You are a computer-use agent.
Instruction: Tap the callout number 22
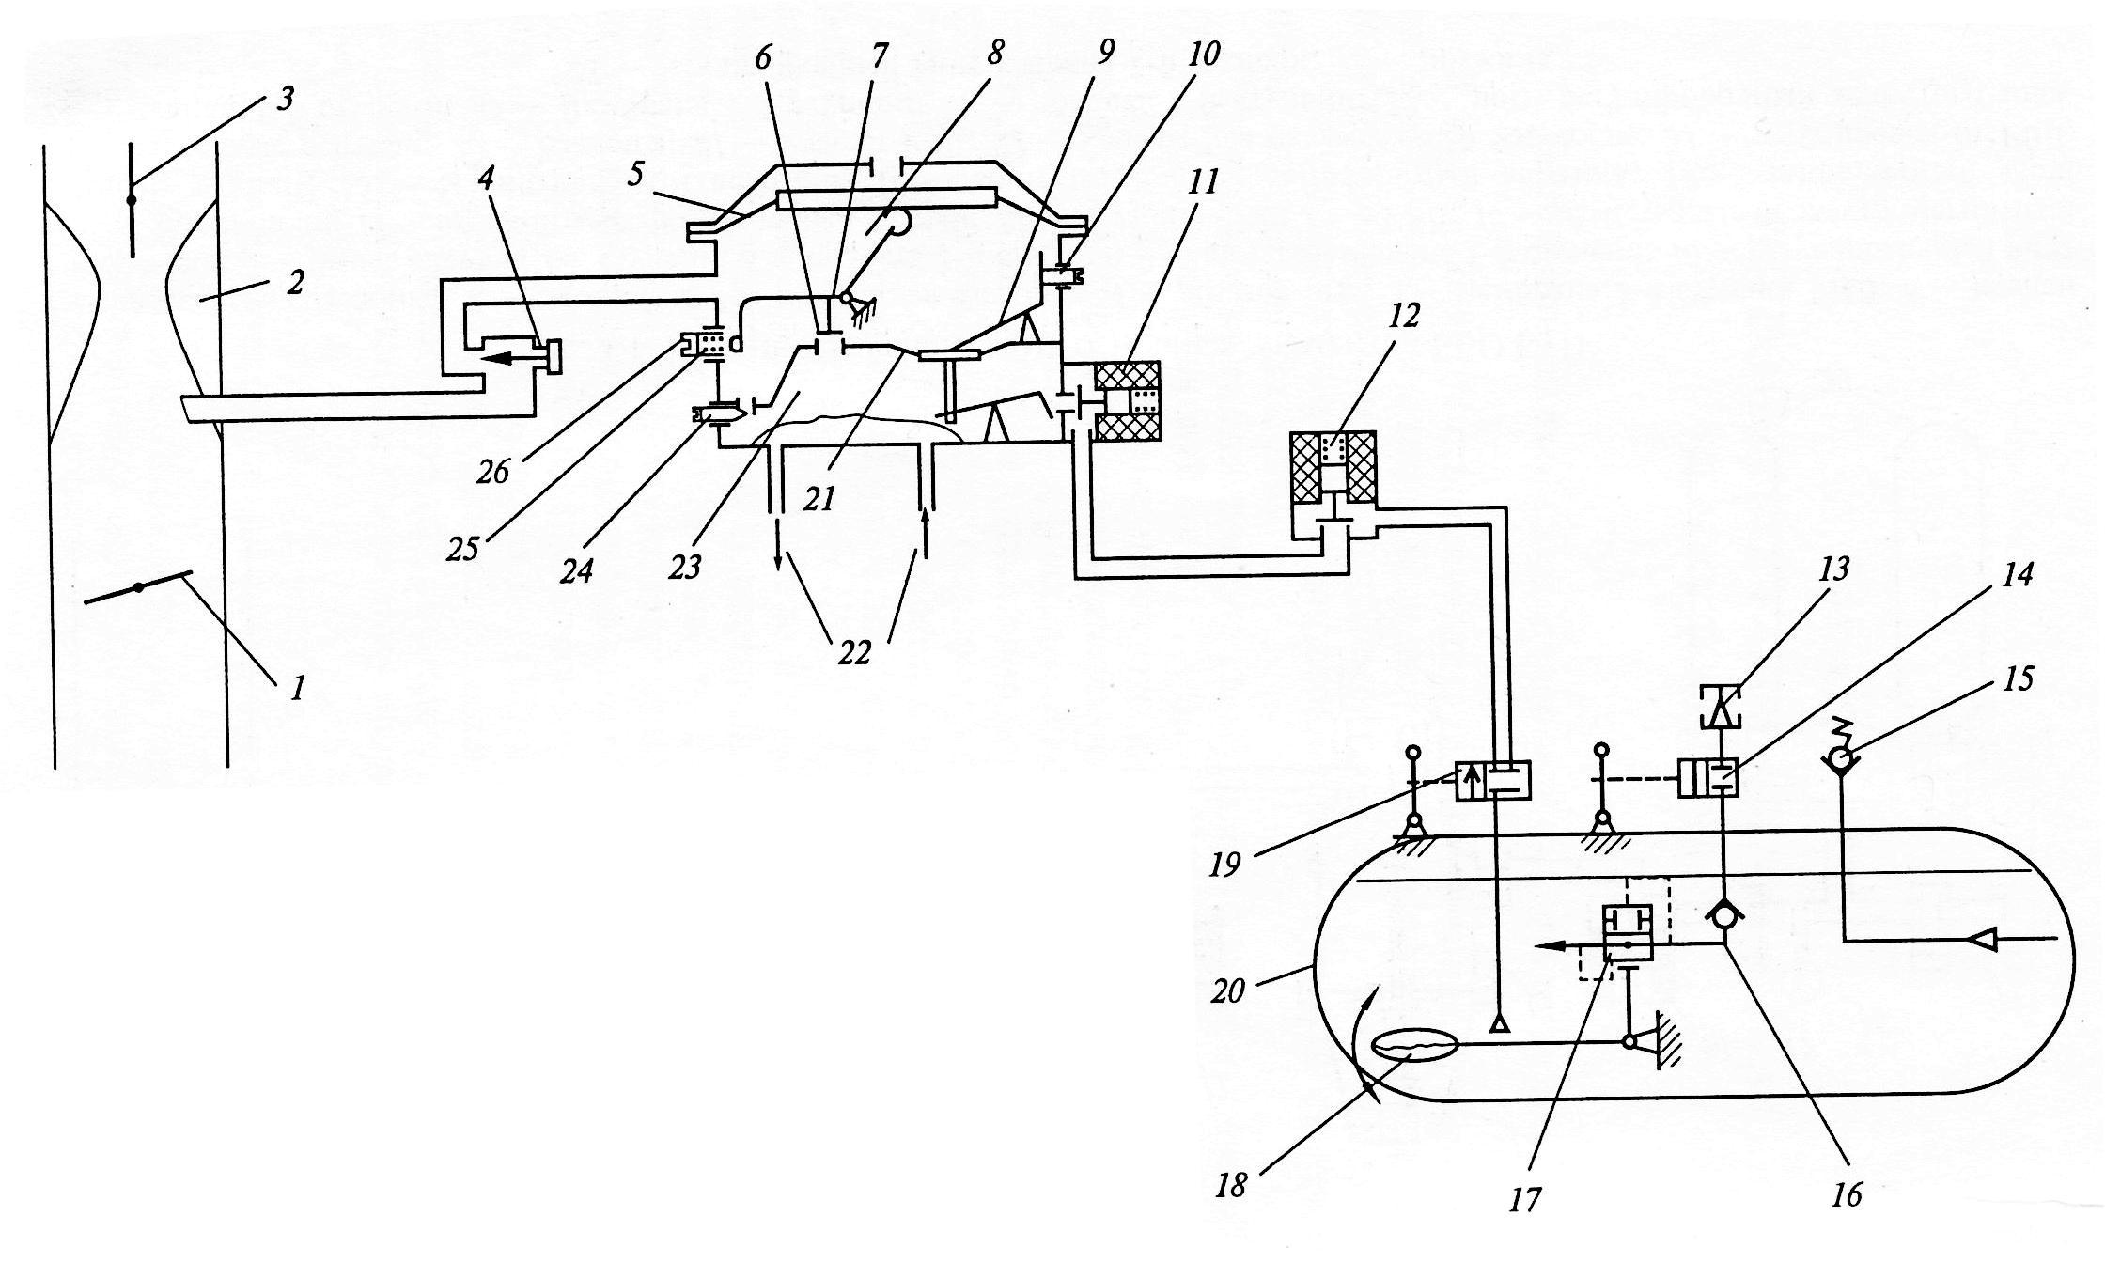853,651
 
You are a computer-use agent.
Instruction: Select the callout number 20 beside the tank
1227,990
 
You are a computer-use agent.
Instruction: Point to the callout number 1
298,690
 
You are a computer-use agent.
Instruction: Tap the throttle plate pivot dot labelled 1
138,587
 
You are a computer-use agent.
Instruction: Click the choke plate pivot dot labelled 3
131,199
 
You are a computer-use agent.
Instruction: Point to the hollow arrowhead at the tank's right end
1978,939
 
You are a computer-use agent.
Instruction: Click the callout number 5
636,175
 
